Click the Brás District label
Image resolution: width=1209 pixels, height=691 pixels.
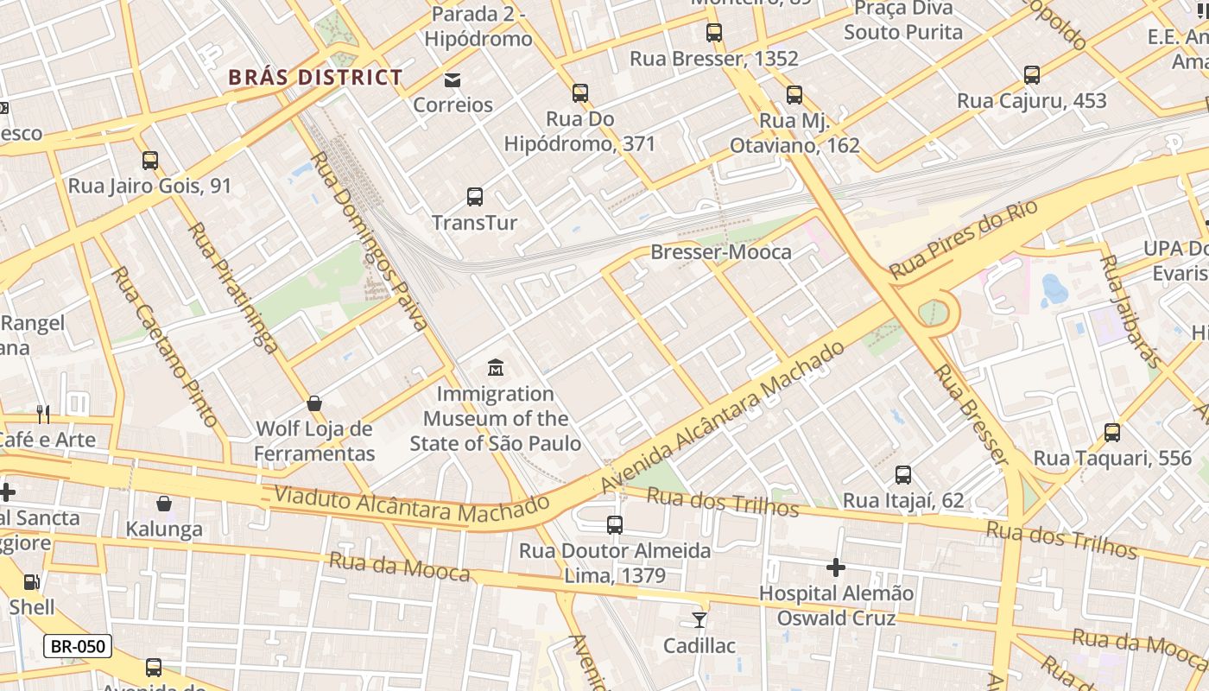315,77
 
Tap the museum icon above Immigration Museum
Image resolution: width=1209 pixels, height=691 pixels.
495,369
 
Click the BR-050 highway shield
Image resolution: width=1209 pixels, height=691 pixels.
78,646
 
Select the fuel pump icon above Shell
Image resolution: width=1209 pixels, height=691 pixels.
31,582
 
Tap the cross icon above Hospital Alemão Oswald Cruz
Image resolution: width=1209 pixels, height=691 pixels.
835,567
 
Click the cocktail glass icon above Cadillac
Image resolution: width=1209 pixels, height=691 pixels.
699,620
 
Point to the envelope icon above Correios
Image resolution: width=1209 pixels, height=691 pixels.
452,80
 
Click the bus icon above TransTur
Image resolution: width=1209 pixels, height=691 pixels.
475,197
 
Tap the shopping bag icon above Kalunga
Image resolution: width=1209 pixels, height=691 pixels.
164,504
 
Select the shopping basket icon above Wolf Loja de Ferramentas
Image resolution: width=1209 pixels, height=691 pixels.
314,403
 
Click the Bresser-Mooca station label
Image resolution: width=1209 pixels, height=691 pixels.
720,252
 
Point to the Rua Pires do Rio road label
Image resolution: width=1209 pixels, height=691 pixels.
962,234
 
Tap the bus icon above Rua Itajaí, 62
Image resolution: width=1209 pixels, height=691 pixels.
902,475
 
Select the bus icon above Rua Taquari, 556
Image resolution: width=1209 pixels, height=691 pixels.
1112,433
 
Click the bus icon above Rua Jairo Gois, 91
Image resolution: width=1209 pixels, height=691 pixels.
150,161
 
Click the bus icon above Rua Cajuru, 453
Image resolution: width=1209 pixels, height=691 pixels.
1031,75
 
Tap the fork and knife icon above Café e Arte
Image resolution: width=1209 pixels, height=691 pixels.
44,415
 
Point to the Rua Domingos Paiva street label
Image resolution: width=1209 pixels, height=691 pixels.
369,241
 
